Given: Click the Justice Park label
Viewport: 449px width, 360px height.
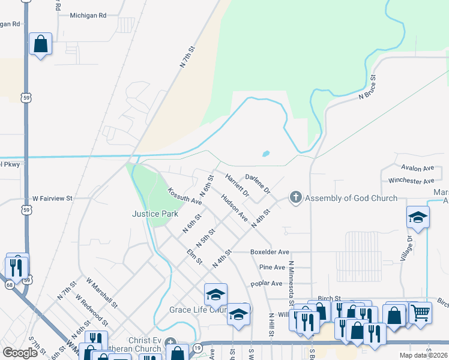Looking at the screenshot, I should (155, 214).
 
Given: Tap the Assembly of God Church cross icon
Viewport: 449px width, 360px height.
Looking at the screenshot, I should (295, 197).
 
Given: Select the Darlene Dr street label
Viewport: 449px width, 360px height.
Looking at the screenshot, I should (258, 184).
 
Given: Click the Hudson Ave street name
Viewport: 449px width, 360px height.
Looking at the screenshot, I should (234, 208).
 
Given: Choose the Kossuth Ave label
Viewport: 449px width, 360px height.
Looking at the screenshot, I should (185, 196).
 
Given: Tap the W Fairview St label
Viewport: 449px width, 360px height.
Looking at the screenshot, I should (52, 197).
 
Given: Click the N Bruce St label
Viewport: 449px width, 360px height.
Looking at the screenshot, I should (367, 87).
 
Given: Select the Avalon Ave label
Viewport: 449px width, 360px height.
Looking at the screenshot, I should (419, 169).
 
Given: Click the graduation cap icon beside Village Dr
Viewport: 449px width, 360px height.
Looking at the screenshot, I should (418, 217).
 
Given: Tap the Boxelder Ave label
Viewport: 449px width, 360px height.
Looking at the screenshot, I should (270, 252).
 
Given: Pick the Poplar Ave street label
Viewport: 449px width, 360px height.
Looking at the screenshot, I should (267, 283).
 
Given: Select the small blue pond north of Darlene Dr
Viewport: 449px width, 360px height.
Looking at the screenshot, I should (265, 154).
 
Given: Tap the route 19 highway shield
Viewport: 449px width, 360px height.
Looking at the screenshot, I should (197, 347).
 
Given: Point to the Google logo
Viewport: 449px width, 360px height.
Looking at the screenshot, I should (20, 353).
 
